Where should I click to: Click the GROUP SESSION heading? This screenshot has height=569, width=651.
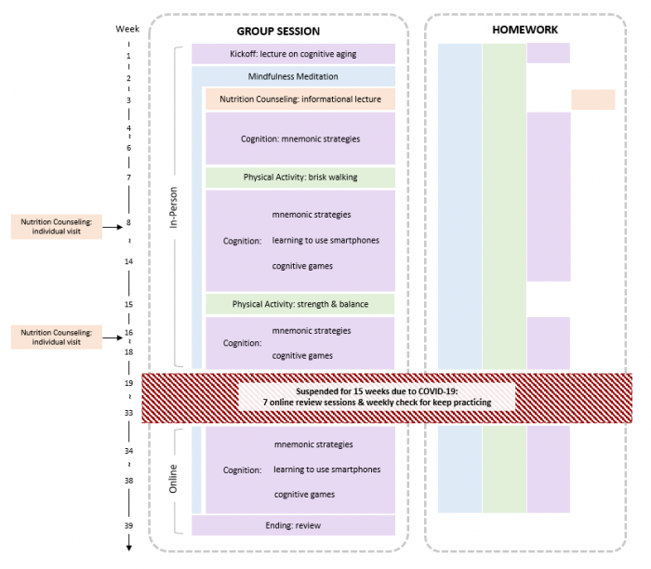(278, 31)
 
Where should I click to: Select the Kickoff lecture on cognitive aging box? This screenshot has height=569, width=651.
(293, 54)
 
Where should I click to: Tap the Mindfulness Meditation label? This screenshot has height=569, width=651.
(293, 76)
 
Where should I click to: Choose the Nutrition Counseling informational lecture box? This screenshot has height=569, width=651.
(299, 99)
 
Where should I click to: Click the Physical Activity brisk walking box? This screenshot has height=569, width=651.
(299, 177)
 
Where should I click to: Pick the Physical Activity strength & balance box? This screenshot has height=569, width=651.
(299, 304)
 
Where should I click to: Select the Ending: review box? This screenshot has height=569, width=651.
(293, 525)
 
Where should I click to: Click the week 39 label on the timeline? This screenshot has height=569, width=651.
(128, 525)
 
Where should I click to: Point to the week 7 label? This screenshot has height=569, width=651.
(128, 177)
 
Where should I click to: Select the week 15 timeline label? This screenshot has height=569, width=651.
(128, 304)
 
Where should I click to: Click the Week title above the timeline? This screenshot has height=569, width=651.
(128, 29)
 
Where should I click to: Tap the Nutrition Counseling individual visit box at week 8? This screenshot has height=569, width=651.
(56, 226)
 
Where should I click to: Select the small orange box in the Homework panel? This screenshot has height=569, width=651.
(592, 99)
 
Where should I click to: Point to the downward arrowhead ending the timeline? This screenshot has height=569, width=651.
(128, 548)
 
